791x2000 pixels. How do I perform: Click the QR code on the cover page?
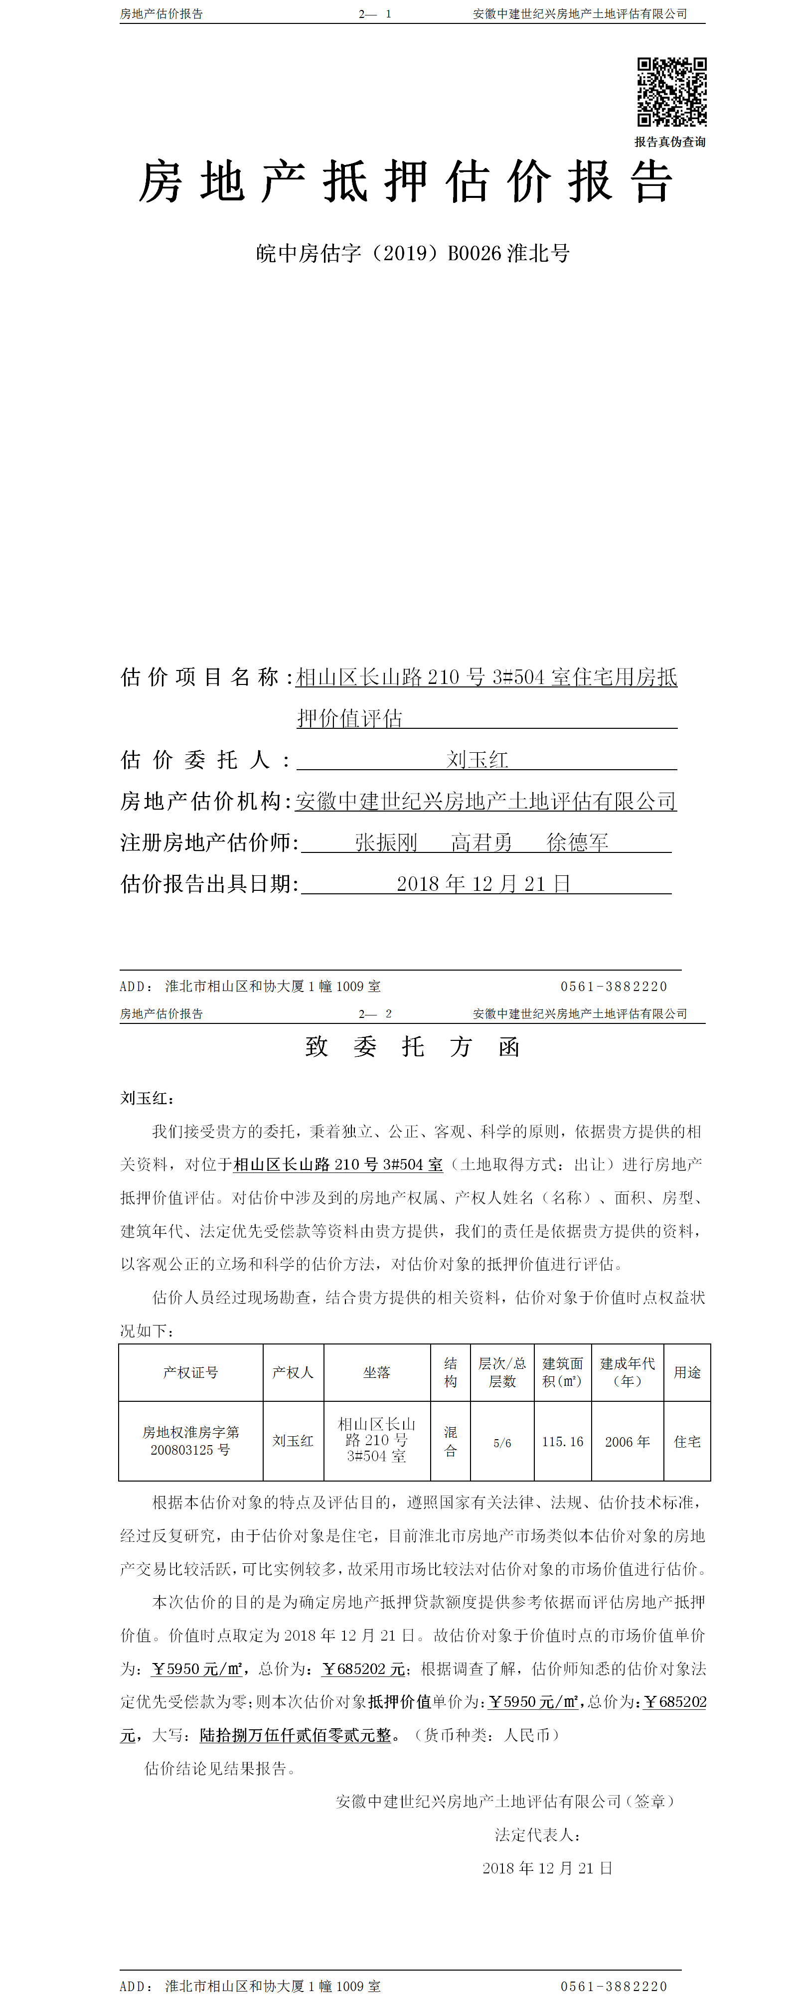pos(671,92)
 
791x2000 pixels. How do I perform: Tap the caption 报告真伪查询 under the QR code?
pos(670,142)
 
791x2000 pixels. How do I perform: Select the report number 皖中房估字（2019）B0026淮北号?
pos(413,254)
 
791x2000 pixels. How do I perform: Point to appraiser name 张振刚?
pos(386,842)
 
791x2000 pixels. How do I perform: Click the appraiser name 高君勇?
pos(481,842)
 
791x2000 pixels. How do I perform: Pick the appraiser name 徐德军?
pos(578,842)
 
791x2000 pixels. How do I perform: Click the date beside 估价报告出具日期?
pos(483,883)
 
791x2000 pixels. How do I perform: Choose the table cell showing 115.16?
pos(562,1442)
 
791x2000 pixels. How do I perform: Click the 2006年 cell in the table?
pos(627,1442)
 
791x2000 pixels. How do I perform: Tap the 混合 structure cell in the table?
pos(450,1441)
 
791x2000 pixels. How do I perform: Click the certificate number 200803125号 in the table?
pos(190,1450)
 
